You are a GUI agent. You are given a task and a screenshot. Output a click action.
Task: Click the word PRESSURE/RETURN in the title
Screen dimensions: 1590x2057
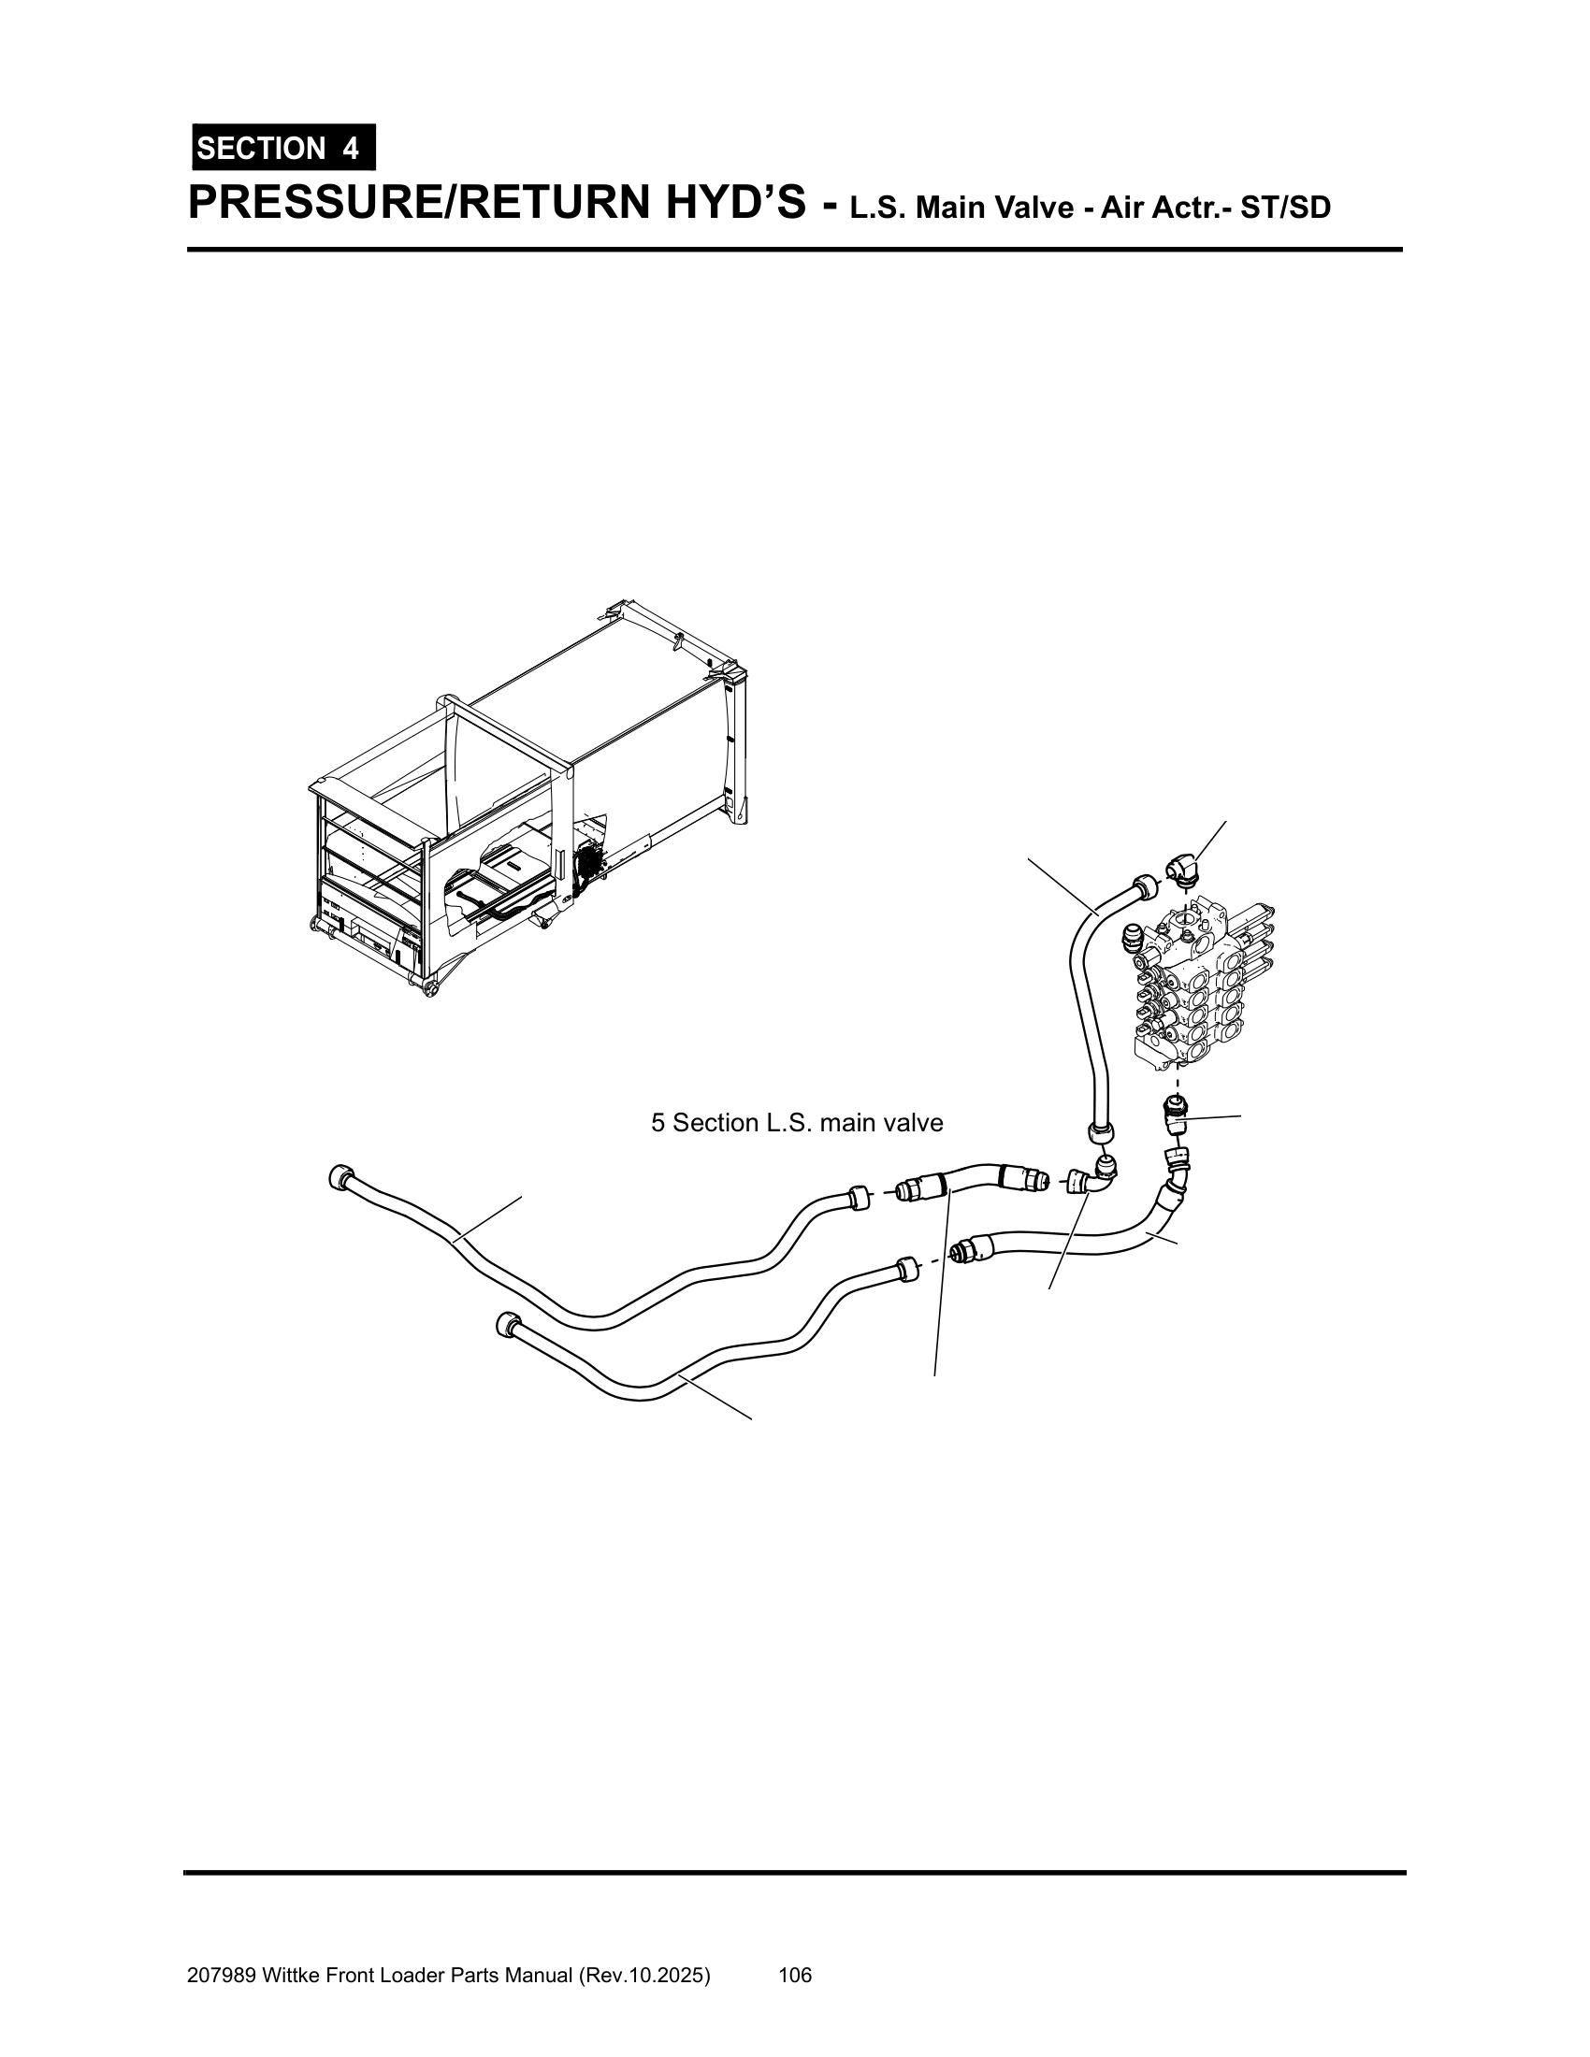coord(498,203)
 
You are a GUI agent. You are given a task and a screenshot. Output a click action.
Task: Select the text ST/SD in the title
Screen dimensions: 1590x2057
coord(1285,208)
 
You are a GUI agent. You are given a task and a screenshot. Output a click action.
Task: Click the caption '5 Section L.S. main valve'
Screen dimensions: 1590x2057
coord(797,1123)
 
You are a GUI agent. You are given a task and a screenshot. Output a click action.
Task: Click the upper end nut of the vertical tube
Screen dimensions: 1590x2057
coord(1144,886)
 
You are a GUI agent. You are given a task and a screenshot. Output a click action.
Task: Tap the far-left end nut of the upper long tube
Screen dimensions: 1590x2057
coord(341,1179)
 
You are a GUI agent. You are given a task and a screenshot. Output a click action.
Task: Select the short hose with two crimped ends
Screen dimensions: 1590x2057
coord(973,1180)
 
